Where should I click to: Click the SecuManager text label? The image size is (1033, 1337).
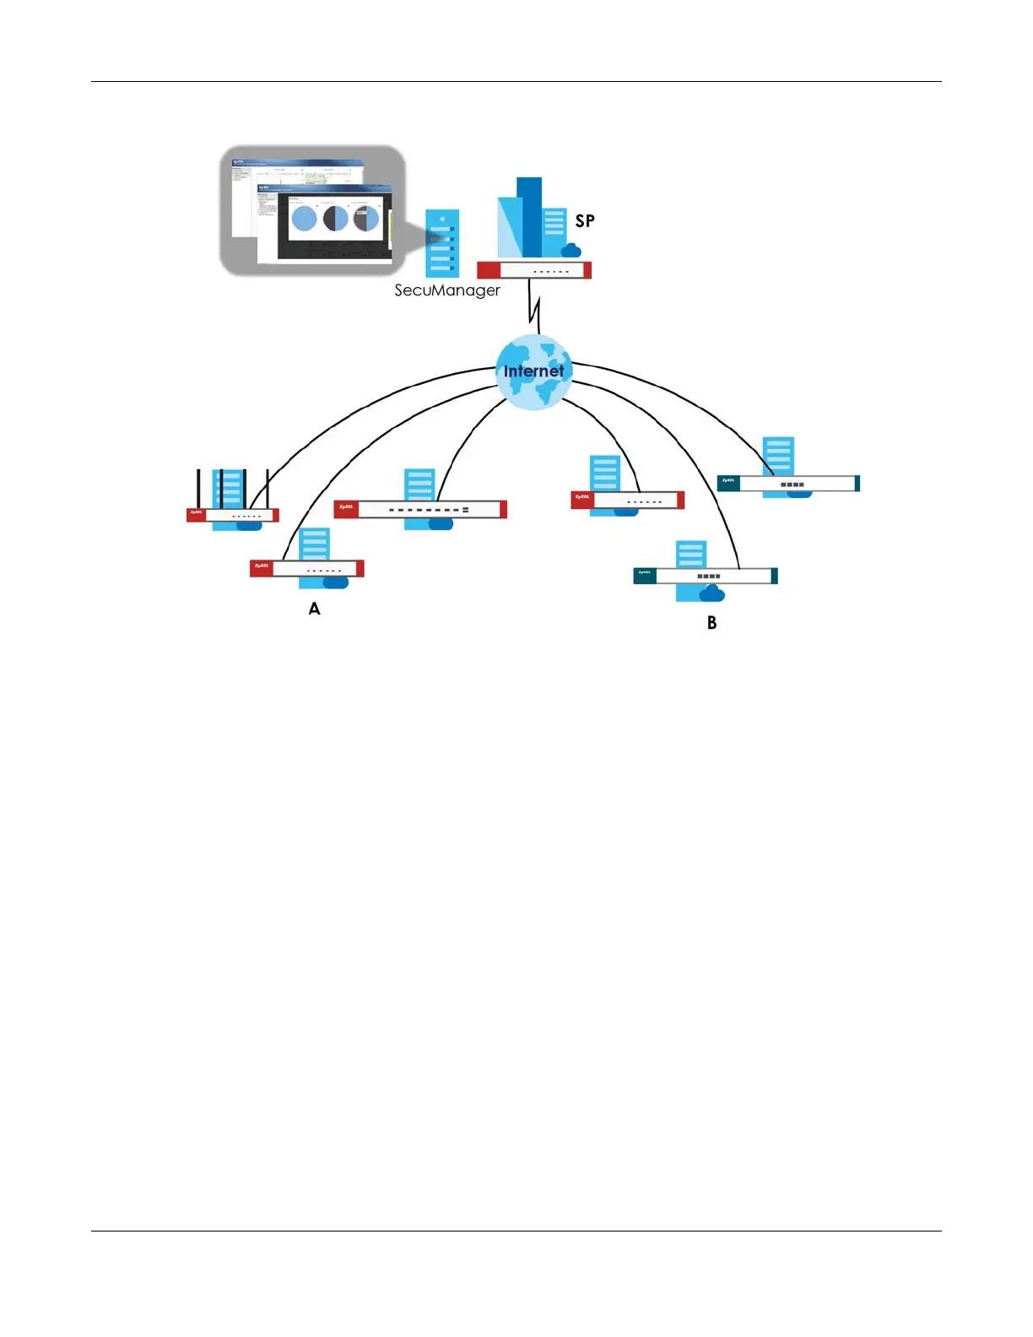(446, 290)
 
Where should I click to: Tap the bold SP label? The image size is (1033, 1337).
(585, 221)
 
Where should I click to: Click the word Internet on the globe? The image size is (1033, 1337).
(533, 371)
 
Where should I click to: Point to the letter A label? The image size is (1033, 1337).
(314, 609)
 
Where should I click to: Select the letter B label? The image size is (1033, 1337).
(711, 623)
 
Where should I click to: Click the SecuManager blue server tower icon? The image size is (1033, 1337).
(442, 243)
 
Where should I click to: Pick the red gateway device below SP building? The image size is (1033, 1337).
(533, 270)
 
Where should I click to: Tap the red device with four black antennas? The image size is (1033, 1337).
(233, 515)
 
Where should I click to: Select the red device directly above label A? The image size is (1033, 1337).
(306, 569)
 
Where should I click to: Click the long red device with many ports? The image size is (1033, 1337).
(420, 509)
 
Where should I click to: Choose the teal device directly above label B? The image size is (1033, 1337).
(706, 576)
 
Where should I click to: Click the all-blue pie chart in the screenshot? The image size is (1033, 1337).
(304, 219)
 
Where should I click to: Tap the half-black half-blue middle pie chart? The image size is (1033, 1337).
(336, 219)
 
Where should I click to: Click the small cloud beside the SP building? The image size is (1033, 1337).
(571, 250)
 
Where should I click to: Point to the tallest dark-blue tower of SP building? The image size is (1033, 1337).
(529, 215)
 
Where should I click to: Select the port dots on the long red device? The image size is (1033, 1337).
(429, 510)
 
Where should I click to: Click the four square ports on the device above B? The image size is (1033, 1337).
(709, 576)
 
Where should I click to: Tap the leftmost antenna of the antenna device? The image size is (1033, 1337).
(198, 489)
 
